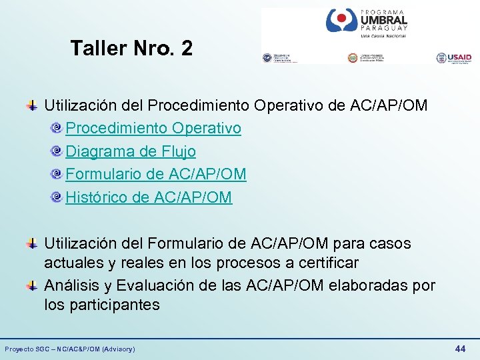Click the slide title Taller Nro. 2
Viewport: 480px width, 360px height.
[x=131, y=48]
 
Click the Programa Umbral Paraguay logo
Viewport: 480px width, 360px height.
[x=366, y=23]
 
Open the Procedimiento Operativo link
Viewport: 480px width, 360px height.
[x=153, y=128]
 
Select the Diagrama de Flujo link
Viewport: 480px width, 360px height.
[x=131, y=151]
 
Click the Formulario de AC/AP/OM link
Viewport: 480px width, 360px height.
[x=156, y=174]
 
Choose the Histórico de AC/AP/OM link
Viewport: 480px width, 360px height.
[x=149, y=197]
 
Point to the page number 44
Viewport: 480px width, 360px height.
[x=460, y=349]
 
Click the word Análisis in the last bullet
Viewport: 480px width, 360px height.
[x=71, y=286]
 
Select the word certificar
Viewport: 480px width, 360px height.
[x=321, y=263]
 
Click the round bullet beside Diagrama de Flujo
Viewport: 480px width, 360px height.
[x=58, y=152]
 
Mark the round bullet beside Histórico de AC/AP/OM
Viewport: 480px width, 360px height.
[x=58, y=197]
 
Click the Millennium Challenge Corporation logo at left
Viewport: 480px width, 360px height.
[x=279, y=58]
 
